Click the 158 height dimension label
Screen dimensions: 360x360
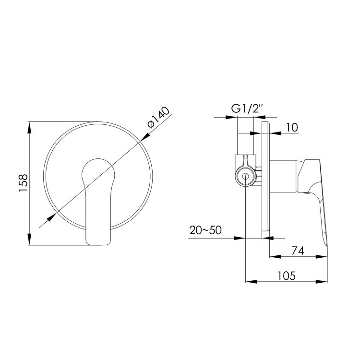(23, 183)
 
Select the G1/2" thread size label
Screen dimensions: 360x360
(247, 109)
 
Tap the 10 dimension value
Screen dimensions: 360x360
(292, 127)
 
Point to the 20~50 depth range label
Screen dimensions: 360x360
(206, 230)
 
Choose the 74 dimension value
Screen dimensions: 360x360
(298, 251)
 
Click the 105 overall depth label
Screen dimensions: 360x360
(287, 276)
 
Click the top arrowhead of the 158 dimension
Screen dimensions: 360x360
(29, 127)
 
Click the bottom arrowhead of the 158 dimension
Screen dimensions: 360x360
(29, 240)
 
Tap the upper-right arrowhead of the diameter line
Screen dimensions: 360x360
(145, 137)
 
